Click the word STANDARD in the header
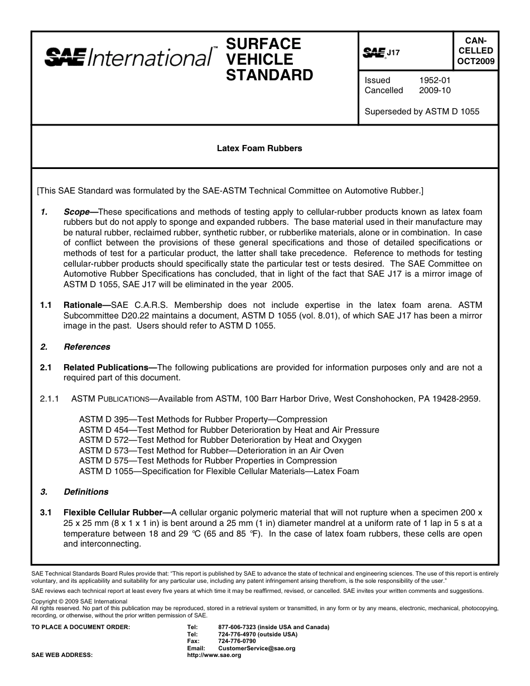click(x=269, y=75)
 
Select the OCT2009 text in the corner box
click(x=476, y=62)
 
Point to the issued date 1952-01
click(x=435, y=80)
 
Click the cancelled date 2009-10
click(x=435, y=90)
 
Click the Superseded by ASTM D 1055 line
click(x=422, y=111)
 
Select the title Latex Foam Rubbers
click(x=259, y=148)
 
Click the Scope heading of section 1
click(x=80, y=212)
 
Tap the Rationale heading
click(x=87, y=305)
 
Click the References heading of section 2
click(x=87, y=347)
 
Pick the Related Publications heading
click(x=110, y=368)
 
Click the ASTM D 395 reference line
click(x=203, y=419)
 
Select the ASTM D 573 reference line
click(x=211, y=451)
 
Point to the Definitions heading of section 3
click(x=86, y=492)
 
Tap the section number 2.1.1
click(x=50, y=399)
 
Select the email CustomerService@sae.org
click(x=257, y=648)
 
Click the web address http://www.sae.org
click(x=214, y=655)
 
